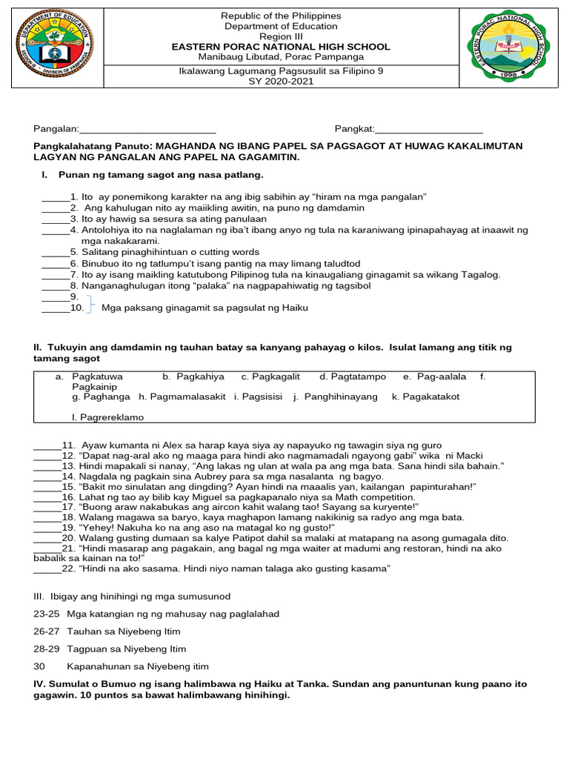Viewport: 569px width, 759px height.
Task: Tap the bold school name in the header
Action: [281, 47]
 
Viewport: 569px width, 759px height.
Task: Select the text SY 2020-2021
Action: [281, 82]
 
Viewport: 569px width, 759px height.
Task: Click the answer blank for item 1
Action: [55, 197]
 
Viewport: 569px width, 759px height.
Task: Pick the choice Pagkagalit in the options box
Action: [270, 377]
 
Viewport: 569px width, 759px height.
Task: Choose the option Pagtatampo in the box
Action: [353, 377]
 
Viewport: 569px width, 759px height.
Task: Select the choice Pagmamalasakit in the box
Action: [182, 397]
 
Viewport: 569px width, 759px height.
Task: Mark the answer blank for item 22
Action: [47, 569]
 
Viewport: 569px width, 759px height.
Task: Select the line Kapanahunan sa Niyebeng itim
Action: [138, 666]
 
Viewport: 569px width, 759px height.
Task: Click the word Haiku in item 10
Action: [293, 308]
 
